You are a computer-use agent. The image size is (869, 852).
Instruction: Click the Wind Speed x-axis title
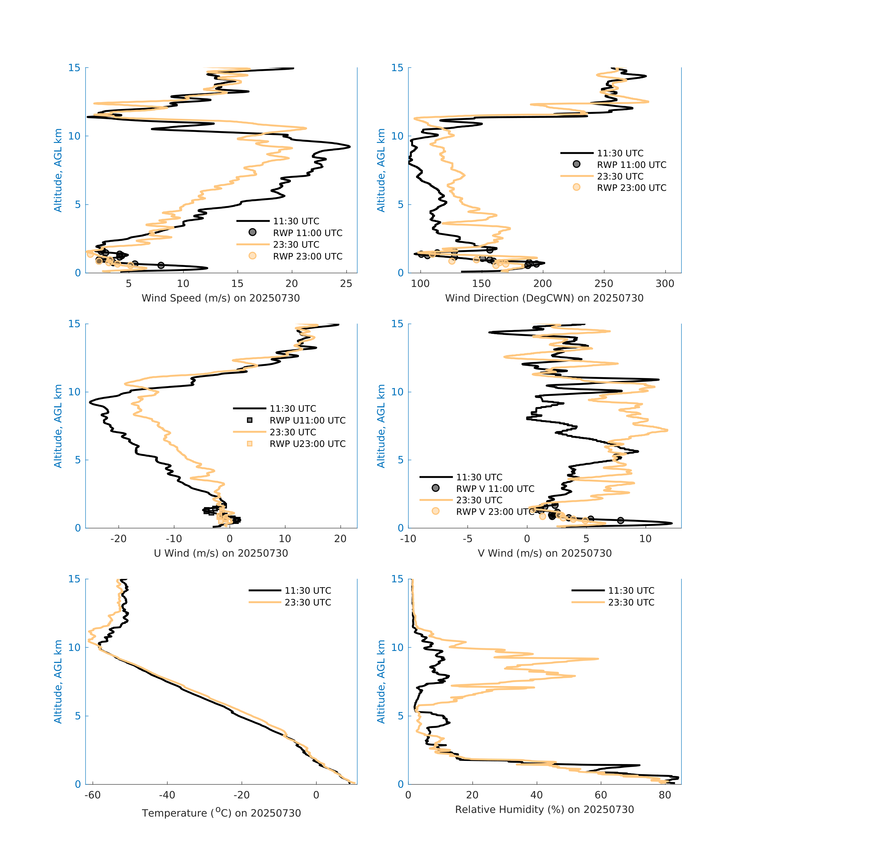point(221,298)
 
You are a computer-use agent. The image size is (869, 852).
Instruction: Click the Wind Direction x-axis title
point(544,298)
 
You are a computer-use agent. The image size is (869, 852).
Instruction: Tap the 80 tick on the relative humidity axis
point(665,795)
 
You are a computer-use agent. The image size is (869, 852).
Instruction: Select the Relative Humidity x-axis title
point(544,810)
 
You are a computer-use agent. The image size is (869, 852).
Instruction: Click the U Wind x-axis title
point(221,553)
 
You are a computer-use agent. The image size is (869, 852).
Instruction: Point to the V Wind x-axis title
point(544,553)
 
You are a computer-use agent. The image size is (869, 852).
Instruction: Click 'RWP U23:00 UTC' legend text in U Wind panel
point(307,444)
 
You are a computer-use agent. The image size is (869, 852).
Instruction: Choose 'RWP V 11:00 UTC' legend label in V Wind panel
point(495,489)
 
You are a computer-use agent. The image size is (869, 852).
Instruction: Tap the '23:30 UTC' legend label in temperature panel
point(308,602)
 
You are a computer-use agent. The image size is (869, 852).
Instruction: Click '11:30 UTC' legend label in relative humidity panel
point(631,591)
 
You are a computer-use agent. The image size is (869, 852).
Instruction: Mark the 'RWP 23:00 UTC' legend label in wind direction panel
point(631,188)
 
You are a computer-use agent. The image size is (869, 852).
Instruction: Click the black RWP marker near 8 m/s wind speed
point(161,265)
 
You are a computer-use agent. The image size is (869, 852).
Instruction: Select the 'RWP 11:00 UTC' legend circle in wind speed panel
point(252,232)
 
